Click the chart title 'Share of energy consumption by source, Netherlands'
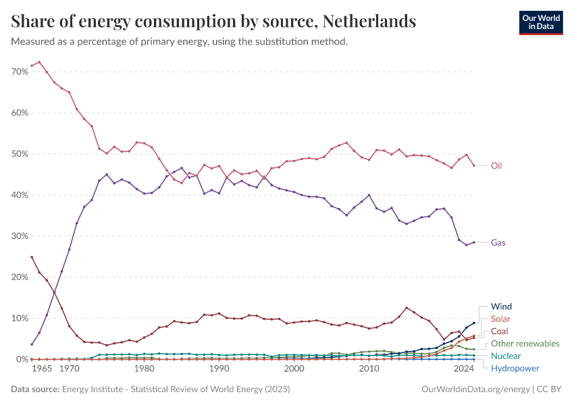(x=213, y=22)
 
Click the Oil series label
(x=496, y=165)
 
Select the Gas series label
(x=498, y=242)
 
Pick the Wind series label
(x=501, y=306)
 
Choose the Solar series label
(x=501, y=319)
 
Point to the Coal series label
(x=500, y=331)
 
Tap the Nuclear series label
(x=506, y=356)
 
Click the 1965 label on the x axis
(x=42, y=369)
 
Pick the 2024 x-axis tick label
(x=463, y=369)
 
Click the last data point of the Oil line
(x=473, y=165)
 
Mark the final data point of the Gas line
(x=473, y=242)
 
